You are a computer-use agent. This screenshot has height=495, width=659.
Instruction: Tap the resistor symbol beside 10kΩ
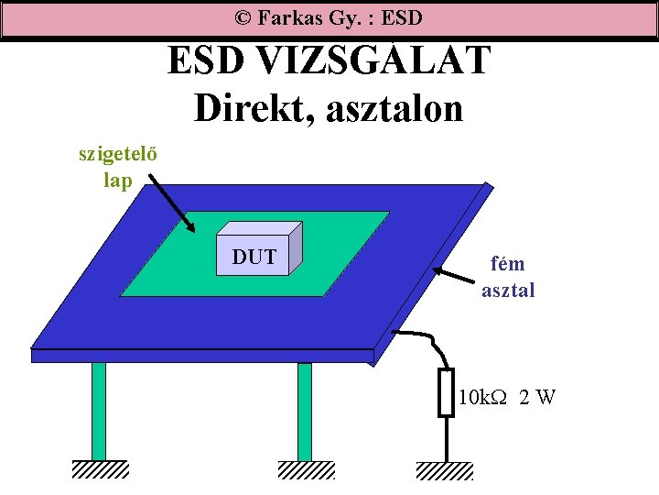446,393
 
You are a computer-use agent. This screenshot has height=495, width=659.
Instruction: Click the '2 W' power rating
536,398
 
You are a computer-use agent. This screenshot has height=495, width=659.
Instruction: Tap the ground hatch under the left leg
100,469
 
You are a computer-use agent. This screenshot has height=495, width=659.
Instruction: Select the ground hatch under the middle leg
306,469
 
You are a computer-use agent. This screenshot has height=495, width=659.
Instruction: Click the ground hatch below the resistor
445,471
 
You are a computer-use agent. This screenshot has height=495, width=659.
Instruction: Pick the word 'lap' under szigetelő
118,180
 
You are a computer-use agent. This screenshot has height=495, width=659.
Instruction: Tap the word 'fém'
508,264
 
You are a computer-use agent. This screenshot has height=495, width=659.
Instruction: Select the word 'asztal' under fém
508,291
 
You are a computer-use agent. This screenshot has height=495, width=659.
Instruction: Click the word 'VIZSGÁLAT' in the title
375,61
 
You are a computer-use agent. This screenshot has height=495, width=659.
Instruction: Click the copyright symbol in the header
243,17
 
